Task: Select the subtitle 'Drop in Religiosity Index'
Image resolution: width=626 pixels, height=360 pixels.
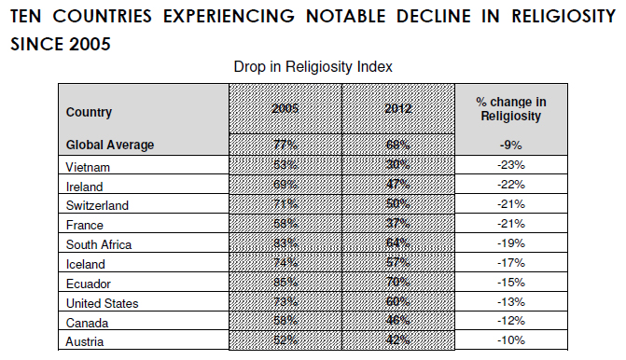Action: click(x=313, y=67)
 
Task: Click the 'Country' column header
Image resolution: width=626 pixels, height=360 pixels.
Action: click(x=90, y=113)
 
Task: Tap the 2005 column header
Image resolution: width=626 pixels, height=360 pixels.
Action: click(x=285, y=108)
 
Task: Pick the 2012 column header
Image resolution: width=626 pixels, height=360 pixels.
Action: click(x=398, y=108)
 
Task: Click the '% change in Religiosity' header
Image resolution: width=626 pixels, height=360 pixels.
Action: click(x=511, y=108)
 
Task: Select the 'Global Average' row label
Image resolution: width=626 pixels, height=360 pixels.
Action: click(x=110, y=145)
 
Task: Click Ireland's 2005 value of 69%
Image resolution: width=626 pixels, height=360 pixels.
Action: click(x=285, y=186)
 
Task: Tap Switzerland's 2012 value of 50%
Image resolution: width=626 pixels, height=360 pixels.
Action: click(x=398, y=205)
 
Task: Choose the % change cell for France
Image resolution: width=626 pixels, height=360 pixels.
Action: click(x=511, y=225)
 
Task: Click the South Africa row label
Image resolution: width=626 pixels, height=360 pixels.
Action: click(x=99, y=244)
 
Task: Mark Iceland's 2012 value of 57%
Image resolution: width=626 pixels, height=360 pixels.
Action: click(x=398, y=264)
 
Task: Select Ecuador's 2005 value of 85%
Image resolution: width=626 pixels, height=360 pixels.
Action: click(x=285, y=284)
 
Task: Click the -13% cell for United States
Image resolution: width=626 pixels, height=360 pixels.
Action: click(x=511, y=303)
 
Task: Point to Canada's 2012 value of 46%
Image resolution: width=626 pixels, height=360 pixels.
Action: click(x=398, y=323)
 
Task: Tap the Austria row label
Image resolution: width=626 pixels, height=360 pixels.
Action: click(x=85, y=342)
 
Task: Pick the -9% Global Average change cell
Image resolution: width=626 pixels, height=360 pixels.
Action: click(x=511, y=145)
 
